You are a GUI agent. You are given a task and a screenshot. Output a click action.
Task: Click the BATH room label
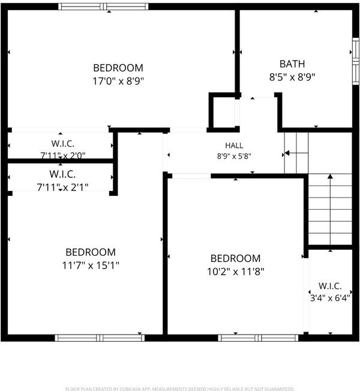pyautogui.click(x=292, y=64)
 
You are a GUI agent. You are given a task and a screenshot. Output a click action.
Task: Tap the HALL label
pyautogui.click(x=234, y=145)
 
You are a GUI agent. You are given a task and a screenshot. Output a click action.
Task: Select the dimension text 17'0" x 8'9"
pyautogui.click(x=118, y=81)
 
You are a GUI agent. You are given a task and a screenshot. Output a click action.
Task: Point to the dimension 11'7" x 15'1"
pyautogui.click(x=91, y=265)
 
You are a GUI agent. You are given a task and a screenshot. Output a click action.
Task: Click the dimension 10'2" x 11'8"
pyautogui.click(x=235, y=271)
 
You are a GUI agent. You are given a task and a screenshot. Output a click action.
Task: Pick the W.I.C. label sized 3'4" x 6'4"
pyautogui.click(x=330, y=286)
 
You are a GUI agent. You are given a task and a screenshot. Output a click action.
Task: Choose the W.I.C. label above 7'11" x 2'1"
pyautogui.click(x=62, y=174)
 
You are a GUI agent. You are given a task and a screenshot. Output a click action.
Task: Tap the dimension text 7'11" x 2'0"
pyautogui.click(x=63, y=156)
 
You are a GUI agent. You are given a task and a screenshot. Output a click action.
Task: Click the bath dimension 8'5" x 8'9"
pyautogui.click(x=292, y=77)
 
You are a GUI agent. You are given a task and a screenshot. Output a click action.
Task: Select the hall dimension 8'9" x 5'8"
pyautogui.click(x=234, y=156)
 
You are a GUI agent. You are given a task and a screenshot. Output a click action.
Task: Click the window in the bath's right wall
pyautogui.click(x=356, y=61)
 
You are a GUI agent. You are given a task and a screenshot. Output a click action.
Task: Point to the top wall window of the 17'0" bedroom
pyautogui.click(x=103, y=7)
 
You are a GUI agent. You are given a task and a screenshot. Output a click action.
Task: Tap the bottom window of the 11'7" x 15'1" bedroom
pyautogui.click(x=100, y=338)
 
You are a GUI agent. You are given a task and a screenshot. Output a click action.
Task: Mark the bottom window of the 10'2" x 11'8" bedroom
pyautogui.click(x=258, y=338)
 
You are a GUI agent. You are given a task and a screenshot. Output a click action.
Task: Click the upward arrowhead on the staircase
pyautogui.click(x=330, y=177)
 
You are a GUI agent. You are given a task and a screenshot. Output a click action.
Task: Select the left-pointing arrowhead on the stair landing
pyautogui.click(x=287, y=153)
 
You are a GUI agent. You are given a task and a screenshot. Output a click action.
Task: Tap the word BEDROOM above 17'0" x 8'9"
pyautogui.click(x=118, y=68)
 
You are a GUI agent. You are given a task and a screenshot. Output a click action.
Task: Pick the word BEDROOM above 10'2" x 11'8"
pyautogui.click(x=235, y=258)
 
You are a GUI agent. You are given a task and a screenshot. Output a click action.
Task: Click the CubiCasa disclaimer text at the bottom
pyautogui.click(x=179, y=389)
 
